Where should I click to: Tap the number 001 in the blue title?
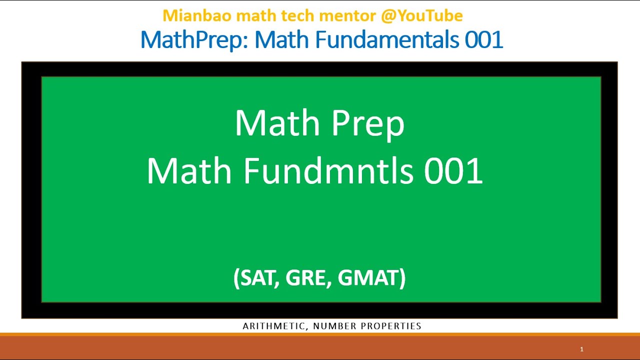click(483, 40)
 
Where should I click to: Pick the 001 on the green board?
click(453, 171)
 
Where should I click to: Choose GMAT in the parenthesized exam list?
click(369, 278)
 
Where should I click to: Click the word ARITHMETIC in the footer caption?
click(274, 326)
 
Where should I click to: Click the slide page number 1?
click(581, 349)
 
